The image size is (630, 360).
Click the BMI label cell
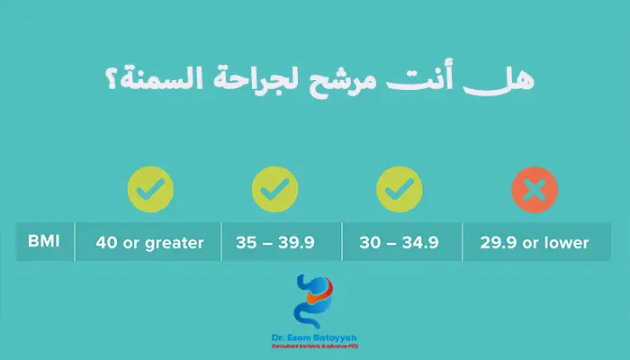[42, 242]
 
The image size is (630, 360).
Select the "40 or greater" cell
[150, 242]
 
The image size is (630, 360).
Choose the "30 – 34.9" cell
[400, 242]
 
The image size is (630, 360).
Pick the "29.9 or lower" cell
[535, 242]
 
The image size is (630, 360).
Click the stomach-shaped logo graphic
[315, 301]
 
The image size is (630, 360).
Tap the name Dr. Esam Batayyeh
[315, 338]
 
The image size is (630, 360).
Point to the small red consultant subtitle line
[315, 347]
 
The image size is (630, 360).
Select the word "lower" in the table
[564, 242]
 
